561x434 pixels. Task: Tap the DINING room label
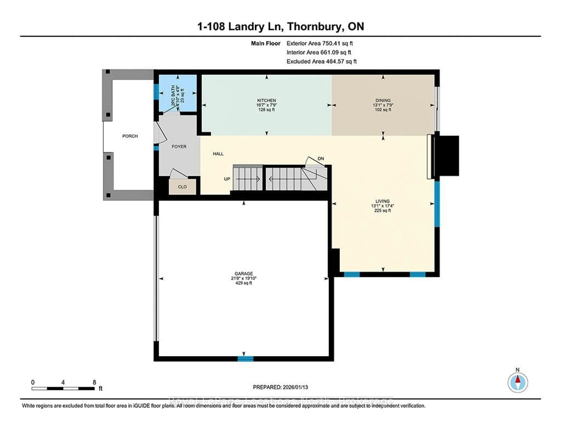click(x=383, y=100)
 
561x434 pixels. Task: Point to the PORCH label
click(x=130, y=136)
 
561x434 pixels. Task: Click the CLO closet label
click(x=182, y=187)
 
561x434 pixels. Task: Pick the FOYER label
click(x=179, y=147)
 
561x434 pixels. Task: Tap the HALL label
click(x=218, y=154)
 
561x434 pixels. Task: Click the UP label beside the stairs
click(x=227, y=179)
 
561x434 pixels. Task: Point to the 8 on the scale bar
click(x=94, y=382)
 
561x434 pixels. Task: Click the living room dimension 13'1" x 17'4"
click(x=382, y=206)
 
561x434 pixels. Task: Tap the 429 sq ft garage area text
click(x=244, y=283)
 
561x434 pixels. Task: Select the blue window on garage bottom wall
click(x=245, y=359)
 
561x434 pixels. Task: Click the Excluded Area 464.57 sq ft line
click(x=321, y=61)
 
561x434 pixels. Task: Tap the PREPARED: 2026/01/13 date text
click(x=280, y=387)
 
